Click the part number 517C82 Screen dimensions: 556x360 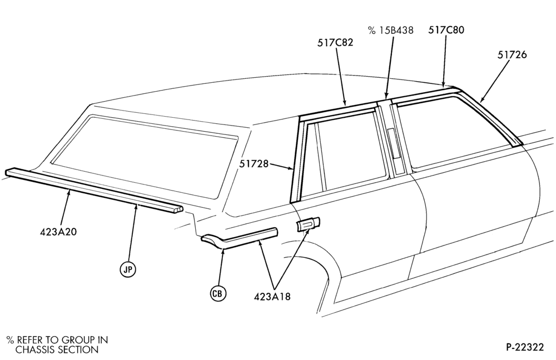[335, 43]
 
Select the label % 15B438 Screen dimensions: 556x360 [391, 30]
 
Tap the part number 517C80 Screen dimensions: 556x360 [446, 30]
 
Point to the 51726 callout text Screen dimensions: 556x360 [512, 54]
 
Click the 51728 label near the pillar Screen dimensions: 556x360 [254, 164]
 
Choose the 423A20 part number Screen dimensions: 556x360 [58, 232]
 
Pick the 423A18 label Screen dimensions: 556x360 [272, 296]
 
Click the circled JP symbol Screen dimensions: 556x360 [128, 269]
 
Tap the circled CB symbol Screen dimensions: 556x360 [218, 293]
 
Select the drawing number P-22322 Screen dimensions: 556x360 [524, 347]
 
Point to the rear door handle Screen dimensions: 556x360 [308, 224]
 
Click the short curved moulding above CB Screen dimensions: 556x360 [240, 237]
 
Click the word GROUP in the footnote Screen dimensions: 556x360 [78, 340]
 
